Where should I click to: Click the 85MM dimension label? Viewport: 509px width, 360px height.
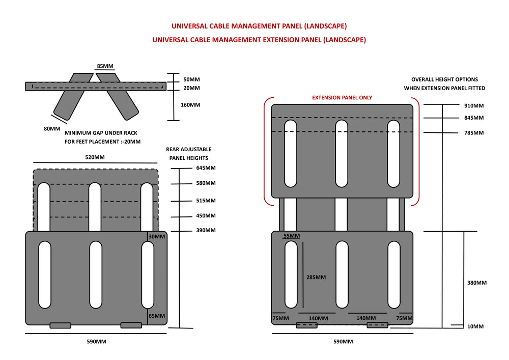point(105,66)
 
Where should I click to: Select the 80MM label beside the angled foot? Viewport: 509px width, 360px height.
point(52,128)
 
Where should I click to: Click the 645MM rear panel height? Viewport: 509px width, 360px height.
point(206,168)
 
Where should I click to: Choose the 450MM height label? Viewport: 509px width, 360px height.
point(206,215)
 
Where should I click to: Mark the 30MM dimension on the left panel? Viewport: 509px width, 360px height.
point(157,236)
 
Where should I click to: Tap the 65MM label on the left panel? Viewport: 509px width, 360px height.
point(157,316)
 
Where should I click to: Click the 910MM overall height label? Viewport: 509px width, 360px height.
point(474,106)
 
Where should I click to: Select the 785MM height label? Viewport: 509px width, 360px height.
point(474,133)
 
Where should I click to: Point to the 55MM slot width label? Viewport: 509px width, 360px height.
point(292,236)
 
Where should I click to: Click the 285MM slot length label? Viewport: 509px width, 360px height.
point(316,278)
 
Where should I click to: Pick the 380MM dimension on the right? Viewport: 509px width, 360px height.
point(477,283)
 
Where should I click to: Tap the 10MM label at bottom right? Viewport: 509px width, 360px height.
point(475,326)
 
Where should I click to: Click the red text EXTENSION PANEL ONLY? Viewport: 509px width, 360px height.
point(342,98)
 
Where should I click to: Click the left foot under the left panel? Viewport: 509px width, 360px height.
point(60,325)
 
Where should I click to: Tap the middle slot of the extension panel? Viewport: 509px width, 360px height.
point(342,153)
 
